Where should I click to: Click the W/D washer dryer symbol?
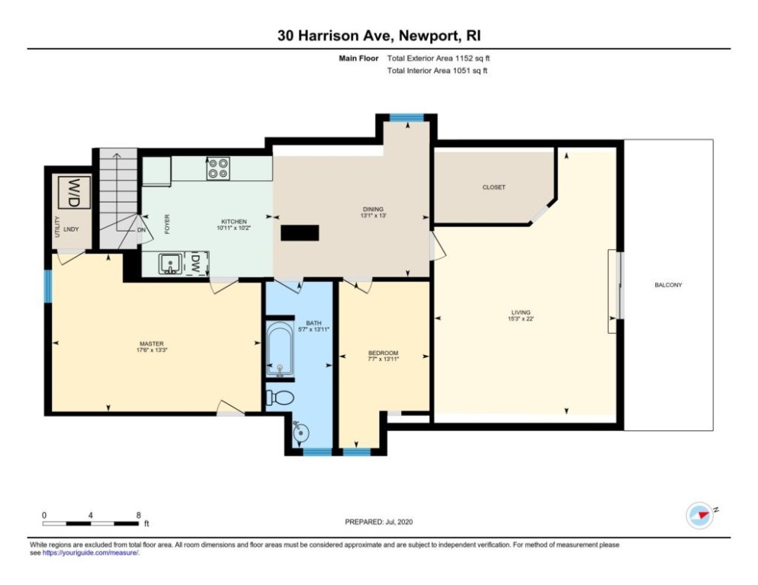pyautogui.click(x=74, y=192)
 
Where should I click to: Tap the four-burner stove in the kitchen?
pyautogui.click(x=218, y=168)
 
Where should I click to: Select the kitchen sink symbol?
pyautogui.click(x=170, y=264)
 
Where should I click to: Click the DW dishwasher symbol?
pyautogui.click(x=196, y=264)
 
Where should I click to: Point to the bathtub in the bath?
pyautogui.click(x=279, y=350)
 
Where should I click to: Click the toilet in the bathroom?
pyautogui.click(x=280, y=398)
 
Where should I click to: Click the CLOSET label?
pyautogui.click(x=493, y=187)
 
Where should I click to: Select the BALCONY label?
pyautogui.click(x=668, y=285)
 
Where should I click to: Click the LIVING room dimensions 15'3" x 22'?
pyautogui.click(x=521, y=319)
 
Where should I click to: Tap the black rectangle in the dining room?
pyautogui.click(x=300, y=232)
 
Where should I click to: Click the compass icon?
pyautogui.click(x=700, y=515)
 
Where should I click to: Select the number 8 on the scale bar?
pyautogui.click(x=139, y=515)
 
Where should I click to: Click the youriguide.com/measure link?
pyautogui.click(x=91, y=553)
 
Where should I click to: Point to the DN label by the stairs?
pyautogui.click(x=141, y=230)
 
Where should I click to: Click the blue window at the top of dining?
pyautogui.click(x=406, y=117)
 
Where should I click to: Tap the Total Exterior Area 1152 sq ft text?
pyautogui.click(x=438, y=59)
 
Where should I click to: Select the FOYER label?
pyautogui.click(x=167, y=224)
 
